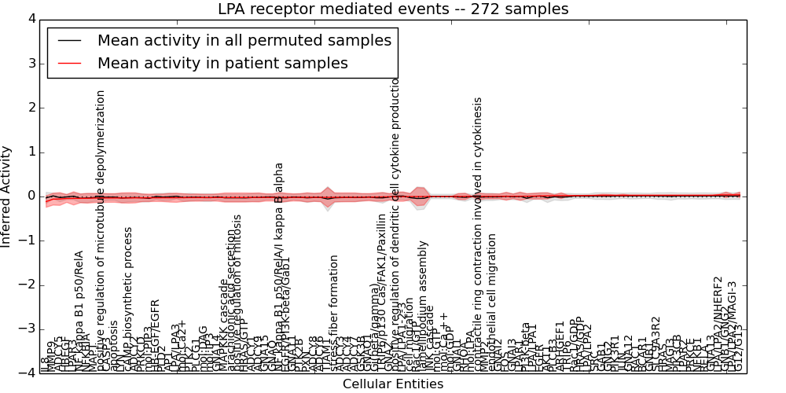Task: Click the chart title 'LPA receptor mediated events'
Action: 393,9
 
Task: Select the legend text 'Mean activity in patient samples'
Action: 222,63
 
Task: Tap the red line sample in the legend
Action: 68,63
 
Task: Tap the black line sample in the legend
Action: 68,40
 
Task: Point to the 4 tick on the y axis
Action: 31,19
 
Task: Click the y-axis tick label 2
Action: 31,108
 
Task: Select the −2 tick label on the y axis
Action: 28,285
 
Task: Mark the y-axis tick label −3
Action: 28,329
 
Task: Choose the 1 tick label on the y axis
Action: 31,152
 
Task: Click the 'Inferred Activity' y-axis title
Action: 7,196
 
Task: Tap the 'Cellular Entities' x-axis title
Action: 393,384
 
